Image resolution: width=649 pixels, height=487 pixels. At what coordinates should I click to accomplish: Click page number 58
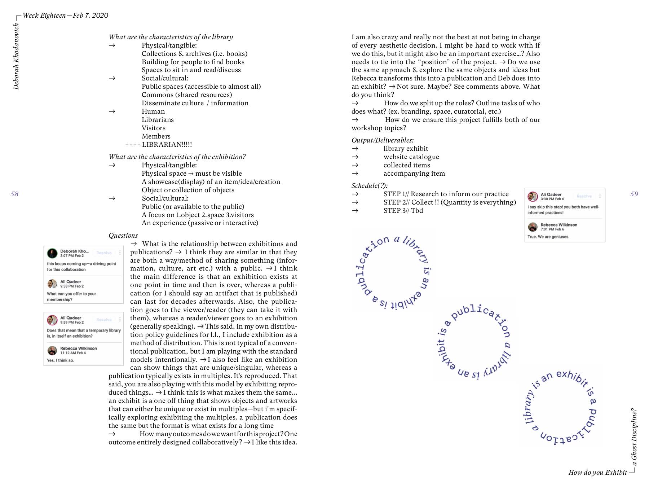[x=14, y=194]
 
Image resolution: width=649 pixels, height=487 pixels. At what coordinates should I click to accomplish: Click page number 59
[x=634, y=194]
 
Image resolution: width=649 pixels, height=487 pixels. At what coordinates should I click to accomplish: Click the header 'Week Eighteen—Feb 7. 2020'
[x=65, y=16]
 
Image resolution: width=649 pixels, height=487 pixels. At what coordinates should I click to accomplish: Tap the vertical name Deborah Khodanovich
[x=16, y=56]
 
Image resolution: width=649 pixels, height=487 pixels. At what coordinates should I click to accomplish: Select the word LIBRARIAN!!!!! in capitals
[x=167, y=145]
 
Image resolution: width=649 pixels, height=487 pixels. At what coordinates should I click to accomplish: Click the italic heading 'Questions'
[x=123, y=236]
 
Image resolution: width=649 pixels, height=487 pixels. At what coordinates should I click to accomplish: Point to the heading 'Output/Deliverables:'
[x=383, y=140]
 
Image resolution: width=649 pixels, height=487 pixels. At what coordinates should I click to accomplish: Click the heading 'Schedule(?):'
[x=370, y=186]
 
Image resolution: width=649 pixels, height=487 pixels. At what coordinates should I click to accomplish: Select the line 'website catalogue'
[x=411, y=157]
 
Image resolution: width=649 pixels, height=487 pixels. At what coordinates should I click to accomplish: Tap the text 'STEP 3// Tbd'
[x=403, y=211]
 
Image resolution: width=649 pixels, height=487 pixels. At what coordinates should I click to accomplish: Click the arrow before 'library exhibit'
[x=355, y=149]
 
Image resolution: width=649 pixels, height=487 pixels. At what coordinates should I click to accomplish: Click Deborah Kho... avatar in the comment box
[x=52, y=253]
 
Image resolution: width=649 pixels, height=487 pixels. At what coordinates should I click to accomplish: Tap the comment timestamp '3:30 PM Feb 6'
[x=552, y=199]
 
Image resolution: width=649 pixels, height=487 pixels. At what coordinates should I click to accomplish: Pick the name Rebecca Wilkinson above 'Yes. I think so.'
[x=79, y=348]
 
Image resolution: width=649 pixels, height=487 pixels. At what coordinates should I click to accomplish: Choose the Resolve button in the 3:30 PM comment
[x=584, y=196]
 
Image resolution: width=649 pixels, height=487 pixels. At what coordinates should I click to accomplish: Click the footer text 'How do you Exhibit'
[x=597, y=473]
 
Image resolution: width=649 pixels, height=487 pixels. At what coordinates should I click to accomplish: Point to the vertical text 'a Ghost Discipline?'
[x=634, y=437]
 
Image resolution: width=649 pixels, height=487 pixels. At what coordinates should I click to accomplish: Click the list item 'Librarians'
[x=158, y=120]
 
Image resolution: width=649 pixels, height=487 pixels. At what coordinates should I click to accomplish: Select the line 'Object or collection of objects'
[x=188, y=190]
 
